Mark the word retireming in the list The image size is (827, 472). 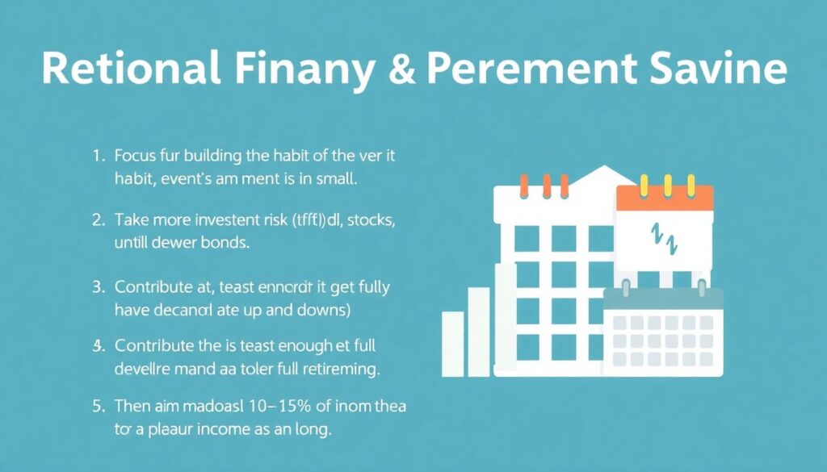[339, 370]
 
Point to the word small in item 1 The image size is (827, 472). [337, 178]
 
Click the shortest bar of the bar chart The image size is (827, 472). [452, 343]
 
